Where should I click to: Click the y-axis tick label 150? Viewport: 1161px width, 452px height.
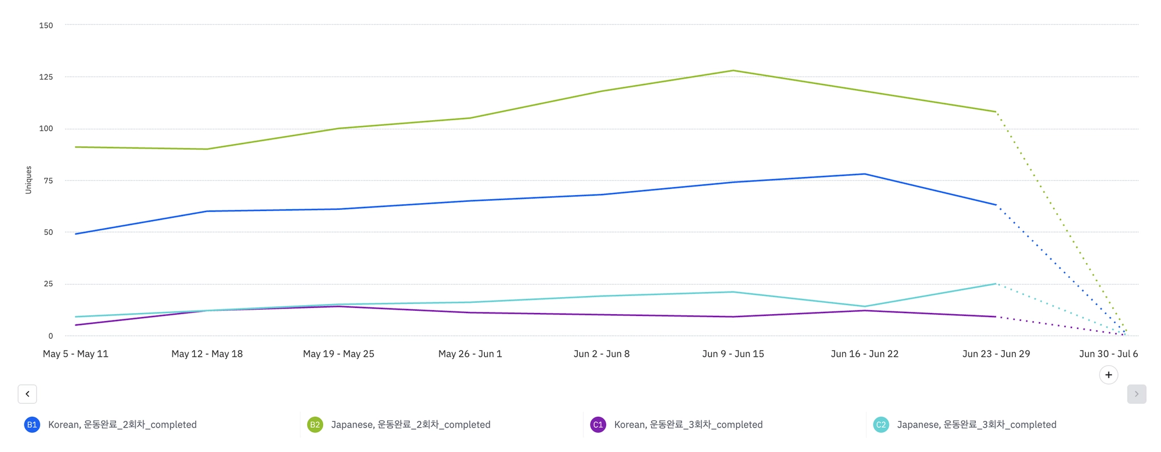pyautogui.click(x=46, y=26)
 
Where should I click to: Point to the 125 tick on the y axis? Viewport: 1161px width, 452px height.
pyautogui.click(x=46, y=77)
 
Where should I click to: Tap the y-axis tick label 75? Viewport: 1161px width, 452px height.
pyautogui.click(x=48, y=181)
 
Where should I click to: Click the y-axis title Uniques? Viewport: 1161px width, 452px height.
pyautogui.click(x=28, y=180)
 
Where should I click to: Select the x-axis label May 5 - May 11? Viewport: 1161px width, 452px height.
pyautogui.click(x=75, y=354)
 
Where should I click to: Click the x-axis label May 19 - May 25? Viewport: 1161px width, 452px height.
pyautogui.click(x=338, y=354)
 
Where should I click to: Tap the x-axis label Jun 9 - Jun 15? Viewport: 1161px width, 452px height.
pyautogui.click(x=733, y=354)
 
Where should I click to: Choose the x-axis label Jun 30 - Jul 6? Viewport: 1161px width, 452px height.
pyautogui.click(x=1108, y=354)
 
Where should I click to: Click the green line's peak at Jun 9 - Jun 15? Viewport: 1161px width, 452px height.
pyautogui.click(x=733, y=70)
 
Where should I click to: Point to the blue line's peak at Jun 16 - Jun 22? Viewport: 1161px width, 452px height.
pyautogui.click(x=865, y=174)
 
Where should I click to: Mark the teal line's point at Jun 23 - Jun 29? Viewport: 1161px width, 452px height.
pyautogui.click(x=996, y=284)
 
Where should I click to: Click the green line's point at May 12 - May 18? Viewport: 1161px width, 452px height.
pyautogui.click(x=207, y=149)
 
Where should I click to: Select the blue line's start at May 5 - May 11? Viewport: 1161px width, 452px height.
pyautogui.click(x=75, y=234)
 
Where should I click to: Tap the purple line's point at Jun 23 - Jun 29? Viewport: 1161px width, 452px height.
pyautogui.click(x=996, y=316)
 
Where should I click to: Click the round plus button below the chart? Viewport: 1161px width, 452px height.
pyautogui.click(x=1108, y=375)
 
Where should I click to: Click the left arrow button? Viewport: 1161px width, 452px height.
pyautogui.click(x=27, y=394)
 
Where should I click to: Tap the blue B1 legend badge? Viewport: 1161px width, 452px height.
pyautogui.click(x=32, y=425)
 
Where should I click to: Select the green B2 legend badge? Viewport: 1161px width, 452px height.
pyautogui.click(x=315, y=425)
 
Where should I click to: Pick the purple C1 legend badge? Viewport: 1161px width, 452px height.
pyautogui.click(x=598, y=425)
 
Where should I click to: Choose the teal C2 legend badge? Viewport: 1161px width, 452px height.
pyautogui.click(x=880, y=425)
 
